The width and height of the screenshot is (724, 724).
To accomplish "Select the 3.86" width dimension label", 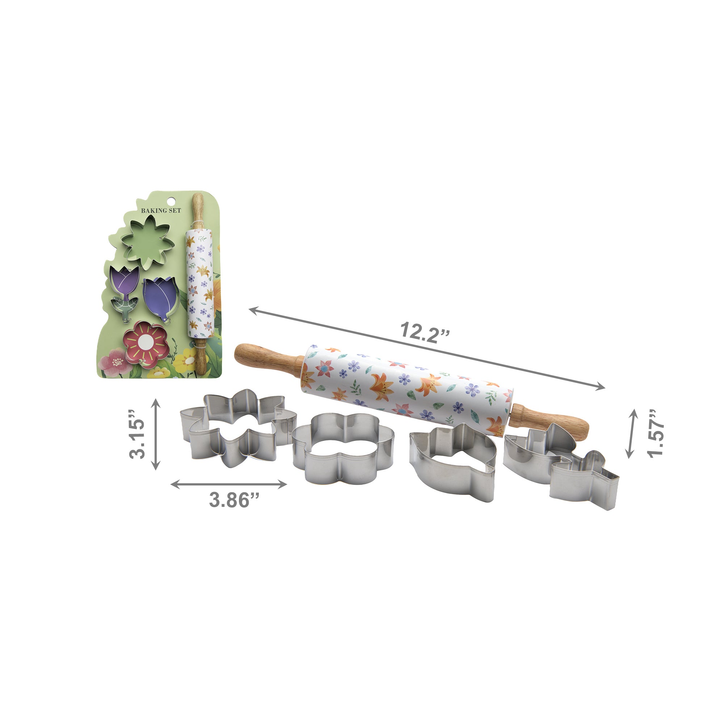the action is click(x=234, y=500).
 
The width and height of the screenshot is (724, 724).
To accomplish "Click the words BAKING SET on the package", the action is click(x=161, y=211).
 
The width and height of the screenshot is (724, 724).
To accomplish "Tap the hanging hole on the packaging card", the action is click(x=172, y=201).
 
